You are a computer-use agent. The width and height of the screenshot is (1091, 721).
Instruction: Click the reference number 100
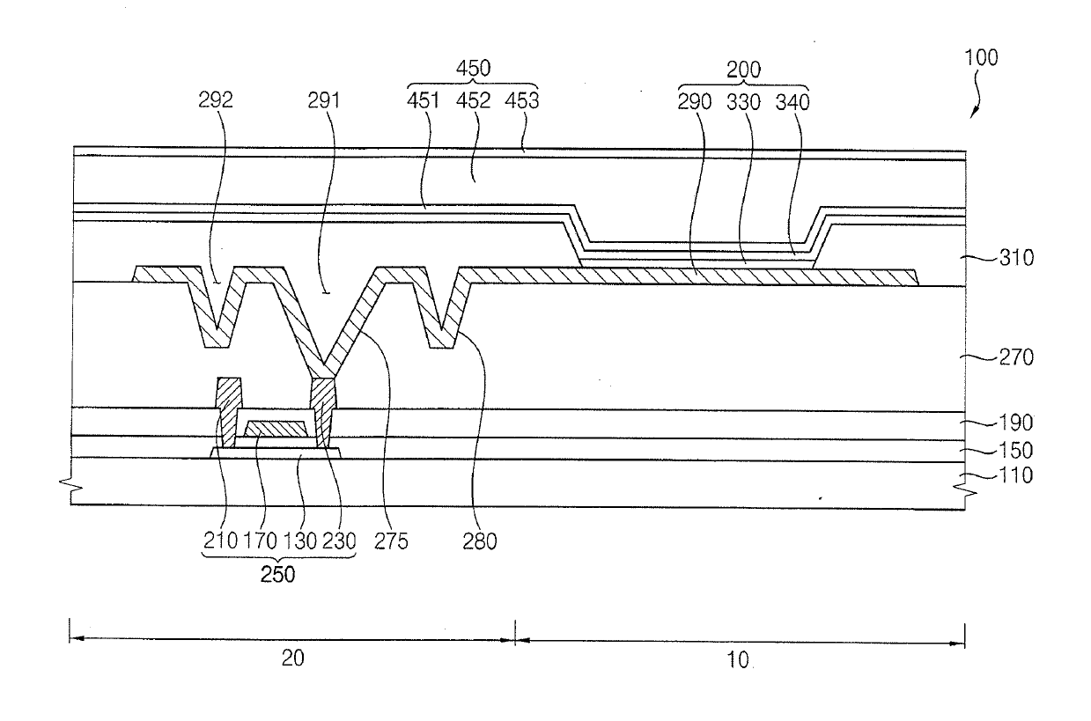click(x=981, y=59)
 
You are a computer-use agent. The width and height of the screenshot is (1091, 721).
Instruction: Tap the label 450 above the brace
click(x=474, y=69)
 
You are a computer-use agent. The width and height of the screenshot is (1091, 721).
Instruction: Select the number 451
click(x=425, y=100)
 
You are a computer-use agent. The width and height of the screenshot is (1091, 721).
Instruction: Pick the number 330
click(x=745, y=100)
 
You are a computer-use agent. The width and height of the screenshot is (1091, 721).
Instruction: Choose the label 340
click(x=792, y=100)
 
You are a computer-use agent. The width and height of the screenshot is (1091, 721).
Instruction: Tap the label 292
click(x=216, y=100)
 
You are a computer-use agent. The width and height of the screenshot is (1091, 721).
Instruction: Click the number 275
click(x=391, y=541)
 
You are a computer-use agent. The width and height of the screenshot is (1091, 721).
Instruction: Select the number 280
click(x=480, y=541)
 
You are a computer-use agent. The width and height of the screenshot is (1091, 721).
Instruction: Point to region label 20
click(x=292, y=659)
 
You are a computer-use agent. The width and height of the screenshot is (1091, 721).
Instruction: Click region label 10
click(x=738, y=659)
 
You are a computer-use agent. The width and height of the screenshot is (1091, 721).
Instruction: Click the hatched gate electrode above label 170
click(x=276, y=429)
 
